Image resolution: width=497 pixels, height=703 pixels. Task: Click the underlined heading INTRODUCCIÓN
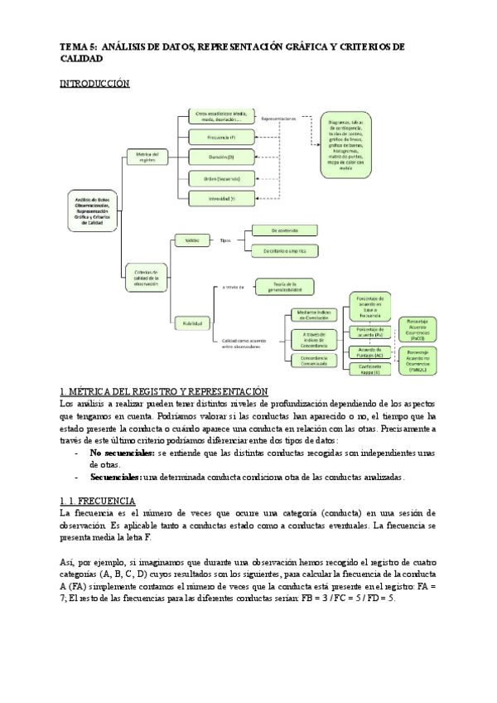coord(96,84)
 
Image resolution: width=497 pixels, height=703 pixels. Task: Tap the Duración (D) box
coord(220,156)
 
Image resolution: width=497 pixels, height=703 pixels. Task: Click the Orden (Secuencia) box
coord(220,177)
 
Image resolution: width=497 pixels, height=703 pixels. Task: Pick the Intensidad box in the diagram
coord(220,198)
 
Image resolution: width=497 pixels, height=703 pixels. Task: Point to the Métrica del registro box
coord(147,156)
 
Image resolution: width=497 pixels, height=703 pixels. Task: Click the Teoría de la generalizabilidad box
coord(284,287)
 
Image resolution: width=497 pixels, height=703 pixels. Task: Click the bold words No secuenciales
coord(121,454)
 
